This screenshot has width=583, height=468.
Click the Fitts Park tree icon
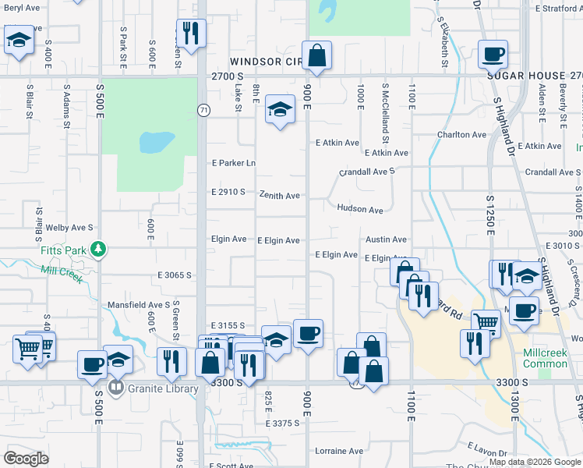[x=98, y=249]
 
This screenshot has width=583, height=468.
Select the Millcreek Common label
[x=545, y=358]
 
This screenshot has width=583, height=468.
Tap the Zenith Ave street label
[x=280, y=196]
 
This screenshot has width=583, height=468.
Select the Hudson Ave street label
[x=360, y=209]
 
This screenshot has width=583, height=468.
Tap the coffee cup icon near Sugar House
[x=493, y=55]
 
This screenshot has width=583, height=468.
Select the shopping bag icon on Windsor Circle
[x=316, y=55]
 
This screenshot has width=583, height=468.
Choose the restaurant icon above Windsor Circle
[x=190, y=34]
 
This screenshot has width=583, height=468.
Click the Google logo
[x=26, y=459]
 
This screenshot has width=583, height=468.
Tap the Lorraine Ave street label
[x=339, y=451]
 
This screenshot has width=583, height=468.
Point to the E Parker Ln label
[x=234, y=163]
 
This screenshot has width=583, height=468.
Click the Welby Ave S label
[x=70, y=227]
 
